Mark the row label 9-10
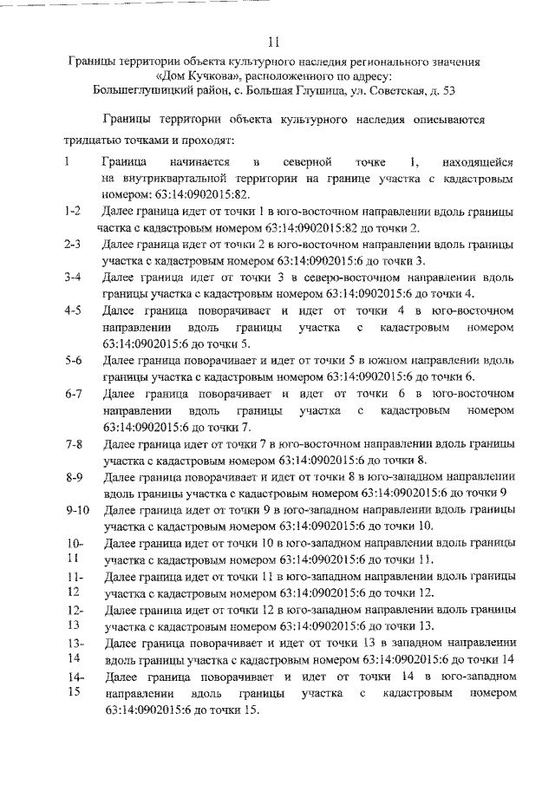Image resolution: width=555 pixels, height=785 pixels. [x=78, y=510]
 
